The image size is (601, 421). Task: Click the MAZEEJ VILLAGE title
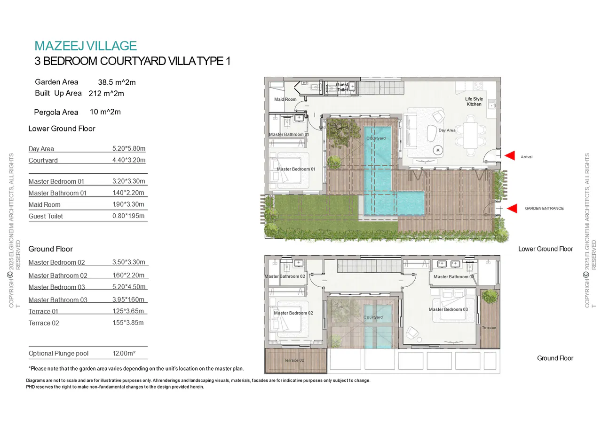click(x=86, y=46)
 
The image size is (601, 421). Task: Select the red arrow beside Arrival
click(x=510, y=156)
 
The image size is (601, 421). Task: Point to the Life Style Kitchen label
click(x=474, y=102)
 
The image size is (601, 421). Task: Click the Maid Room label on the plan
click(x=285, y=100)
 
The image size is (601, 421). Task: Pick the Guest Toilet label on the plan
click(x=342, y=87)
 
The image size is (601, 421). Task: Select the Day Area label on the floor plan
click(x=447, y=130)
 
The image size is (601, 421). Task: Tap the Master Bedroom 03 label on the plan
click(x=448, y=309)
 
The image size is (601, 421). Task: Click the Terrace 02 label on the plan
click(x=294, y=360)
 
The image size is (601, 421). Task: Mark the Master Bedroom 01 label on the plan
click(x=296, y=169)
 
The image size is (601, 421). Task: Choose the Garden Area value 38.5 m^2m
click(x=117, y=82)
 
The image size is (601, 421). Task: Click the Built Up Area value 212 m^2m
click(x=106, y=94)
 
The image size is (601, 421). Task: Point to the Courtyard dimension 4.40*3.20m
click(x=129, y=160)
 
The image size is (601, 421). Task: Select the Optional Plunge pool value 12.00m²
click(x=124, y=353)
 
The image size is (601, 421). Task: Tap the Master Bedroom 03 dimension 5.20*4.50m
click(x=129, y=287)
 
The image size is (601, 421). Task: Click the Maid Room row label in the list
click(x=44, y=205)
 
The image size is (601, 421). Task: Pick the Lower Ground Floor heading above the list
click(x=62, y=129)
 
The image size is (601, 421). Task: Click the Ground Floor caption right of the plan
click(x=555, y=358)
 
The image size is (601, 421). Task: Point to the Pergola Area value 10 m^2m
click(x=105, y=112)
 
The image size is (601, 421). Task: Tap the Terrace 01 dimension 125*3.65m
click(x=128, y=311)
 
